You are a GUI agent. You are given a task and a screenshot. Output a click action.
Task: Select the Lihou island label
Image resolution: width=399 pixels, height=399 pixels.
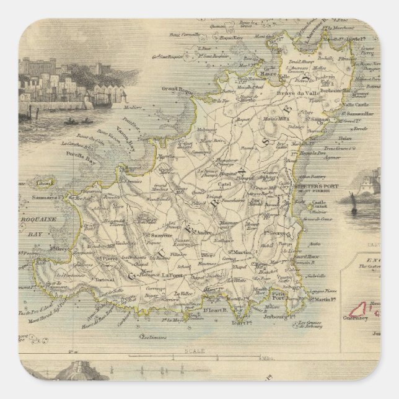[44, 183]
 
